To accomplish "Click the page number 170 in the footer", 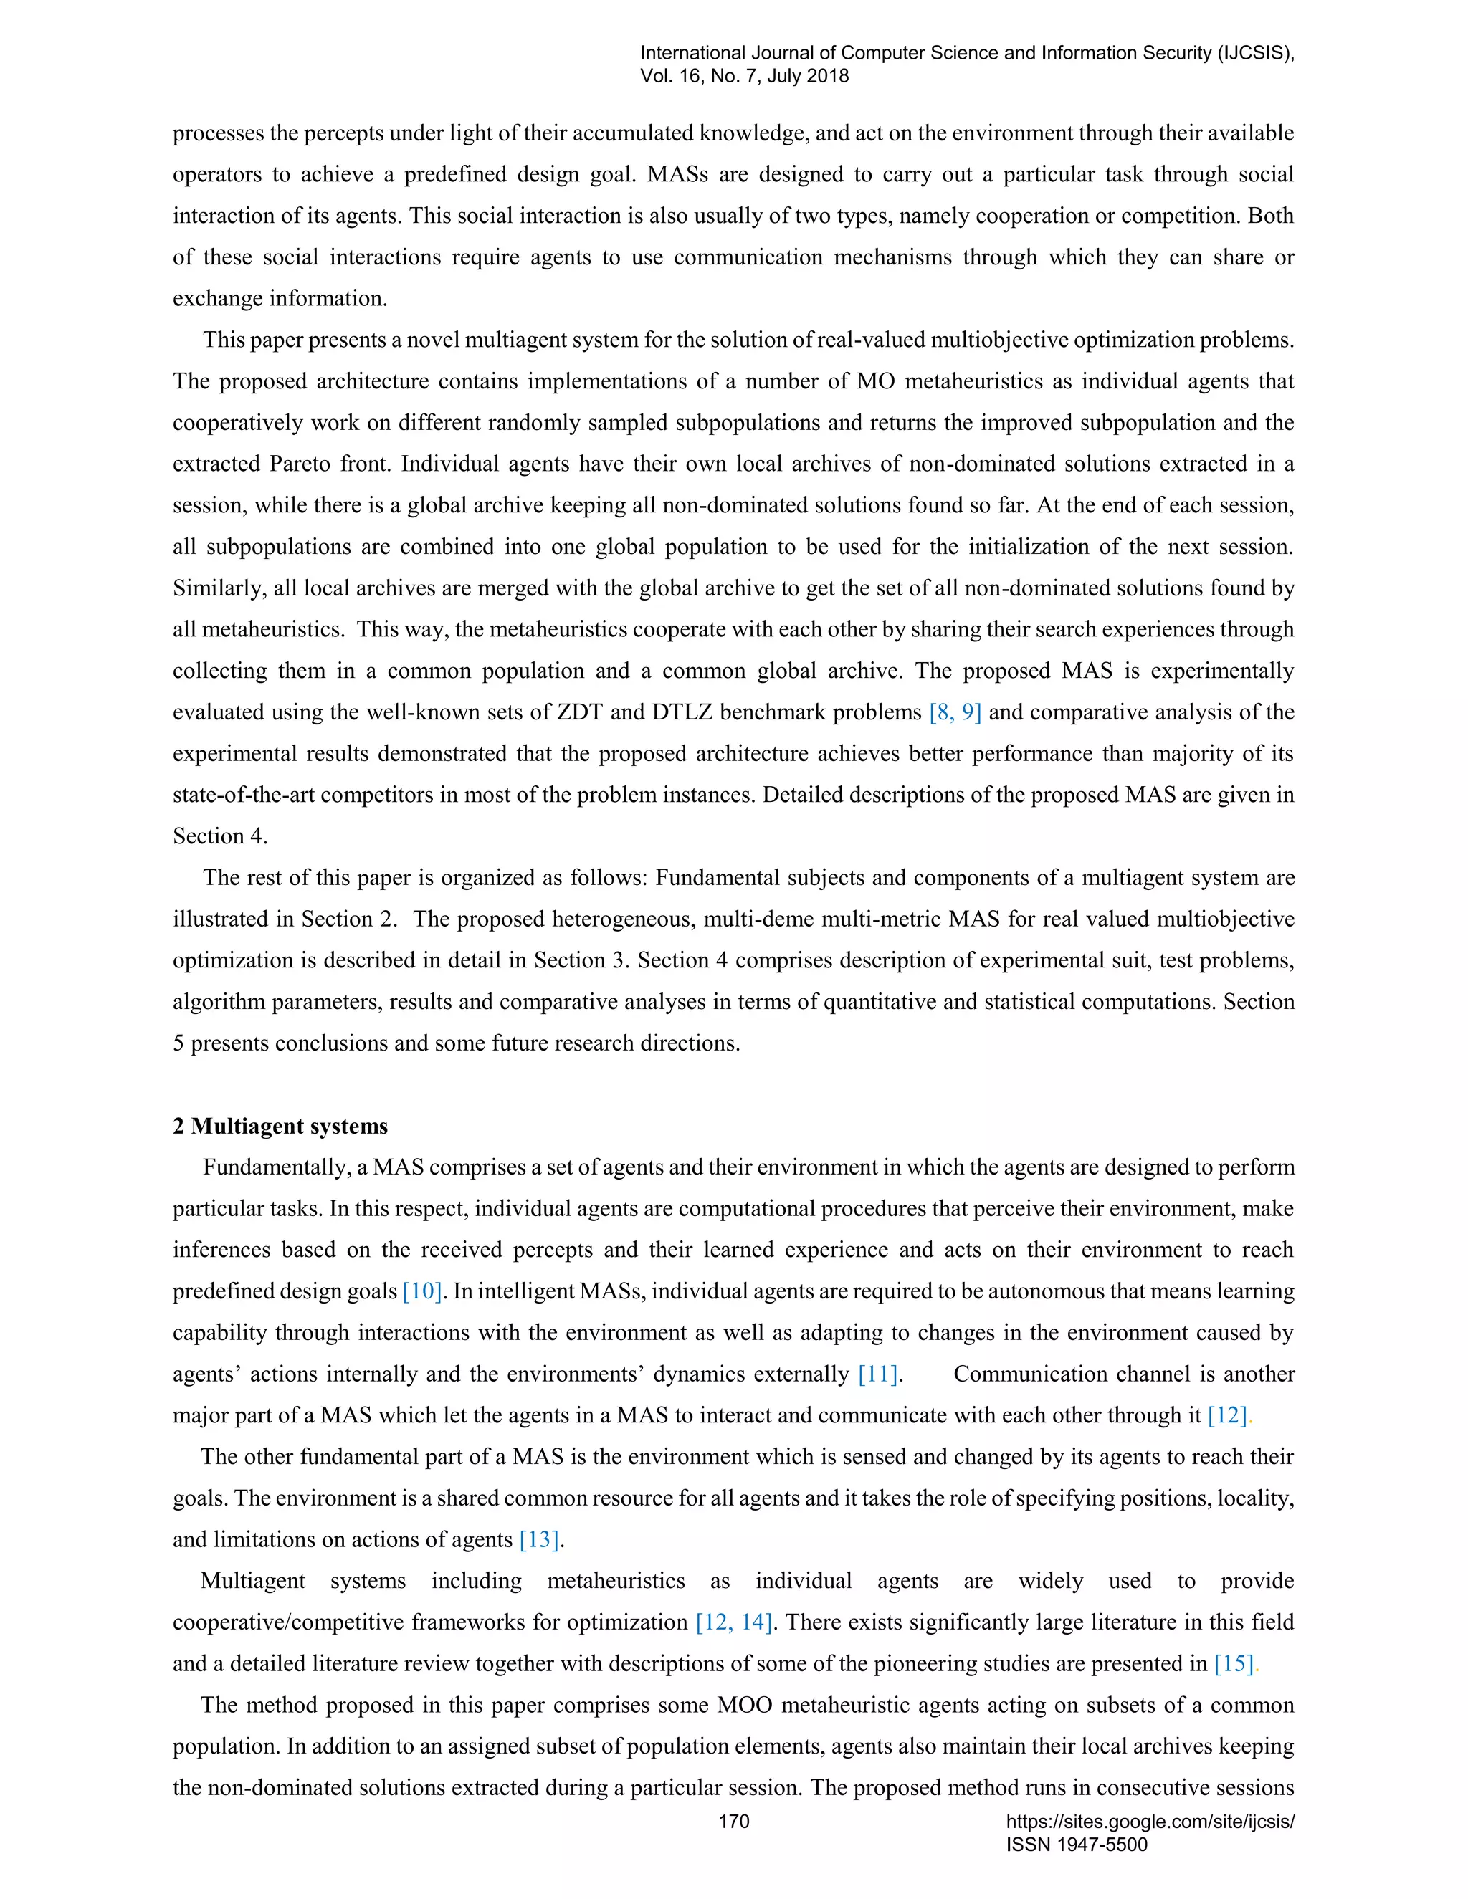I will tap(733, 1822).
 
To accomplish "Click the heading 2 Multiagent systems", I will tap(280, 1126).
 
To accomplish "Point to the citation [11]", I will tap(877, 1374).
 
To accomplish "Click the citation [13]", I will tap(539, 1540).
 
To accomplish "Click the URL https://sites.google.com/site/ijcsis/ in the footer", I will tap(1150, 1822).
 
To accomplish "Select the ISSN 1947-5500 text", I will tap(1077, 1845).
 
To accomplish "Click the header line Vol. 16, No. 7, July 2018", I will tap(745, 76).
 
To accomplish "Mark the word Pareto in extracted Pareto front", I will tap(299, 464).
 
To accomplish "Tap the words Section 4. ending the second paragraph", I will tap(220, 836).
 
